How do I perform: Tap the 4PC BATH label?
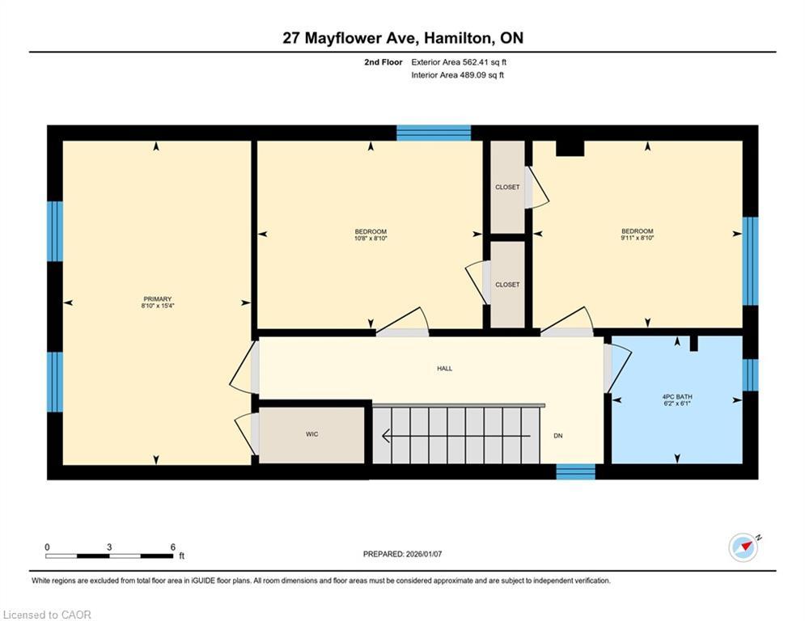(676, 396)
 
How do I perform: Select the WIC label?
(311, 434)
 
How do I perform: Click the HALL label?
(444, 369)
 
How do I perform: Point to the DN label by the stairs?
(557, 436)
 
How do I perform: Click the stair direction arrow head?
(387, 437)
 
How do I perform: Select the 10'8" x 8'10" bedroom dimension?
(371, 239)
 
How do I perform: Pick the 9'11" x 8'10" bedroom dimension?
(637, 239)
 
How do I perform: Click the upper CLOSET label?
(507, 187)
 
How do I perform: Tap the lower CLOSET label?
(507, 285)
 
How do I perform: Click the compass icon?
(743, 547)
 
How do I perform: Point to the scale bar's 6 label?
(172, 547)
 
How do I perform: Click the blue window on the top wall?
(434, 133)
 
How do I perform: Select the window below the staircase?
(575, 471)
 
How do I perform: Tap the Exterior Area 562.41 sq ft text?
(459, 61)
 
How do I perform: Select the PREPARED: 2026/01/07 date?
(402, 554)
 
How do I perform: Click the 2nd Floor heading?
(383, 61)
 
